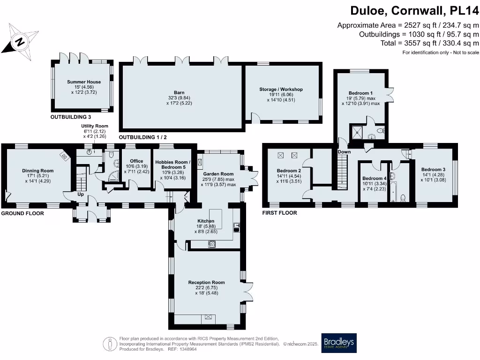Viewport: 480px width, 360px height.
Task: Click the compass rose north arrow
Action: (x=20, y=41)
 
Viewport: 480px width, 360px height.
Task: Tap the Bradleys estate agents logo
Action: (x=338, y=343)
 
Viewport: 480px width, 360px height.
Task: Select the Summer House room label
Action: (x=84, y=82)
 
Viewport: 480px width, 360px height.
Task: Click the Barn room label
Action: (x=179, y=92)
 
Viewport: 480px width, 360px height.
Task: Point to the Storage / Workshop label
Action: (x=281, y=90)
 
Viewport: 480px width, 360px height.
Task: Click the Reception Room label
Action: (x=206, y=282)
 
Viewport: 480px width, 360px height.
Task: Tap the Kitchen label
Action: (x=206, y=221)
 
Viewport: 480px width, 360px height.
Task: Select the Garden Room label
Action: (x=218, y=174)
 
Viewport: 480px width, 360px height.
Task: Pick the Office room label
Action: (x=136, y=161)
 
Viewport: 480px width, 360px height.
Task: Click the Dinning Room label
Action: (x=38, y=171)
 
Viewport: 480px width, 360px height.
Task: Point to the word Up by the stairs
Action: (x=81, y=194)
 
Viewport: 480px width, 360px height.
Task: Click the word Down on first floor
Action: (x=344, y=152)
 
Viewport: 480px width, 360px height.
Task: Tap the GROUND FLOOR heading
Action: (x=22, y=213)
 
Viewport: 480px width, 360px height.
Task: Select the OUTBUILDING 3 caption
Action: (x=71, y=116)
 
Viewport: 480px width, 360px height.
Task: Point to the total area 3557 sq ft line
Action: (x=430, y=43)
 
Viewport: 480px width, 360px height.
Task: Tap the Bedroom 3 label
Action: (x=433, y=169)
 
